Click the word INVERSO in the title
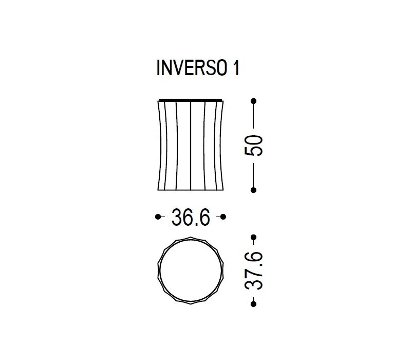[190, 69]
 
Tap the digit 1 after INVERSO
[235, 69]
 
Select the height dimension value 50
[254, 146]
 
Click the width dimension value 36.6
[191, 218]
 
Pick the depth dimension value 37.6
[254, 271]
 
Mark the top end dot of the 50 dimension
[254, 101]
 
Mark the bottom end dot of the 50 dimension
[254, 190]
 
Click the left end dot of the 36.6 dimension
[158, 218]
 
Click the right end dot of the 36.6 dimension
[224, 218]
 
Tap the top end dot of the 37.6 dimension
[254, 237]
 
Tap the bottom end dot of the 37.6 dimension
[254, 304]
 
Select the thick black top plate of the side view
[191, 99]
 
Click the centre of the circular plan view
[191, 271]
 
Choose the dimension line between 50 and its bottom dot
[254, 175]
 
